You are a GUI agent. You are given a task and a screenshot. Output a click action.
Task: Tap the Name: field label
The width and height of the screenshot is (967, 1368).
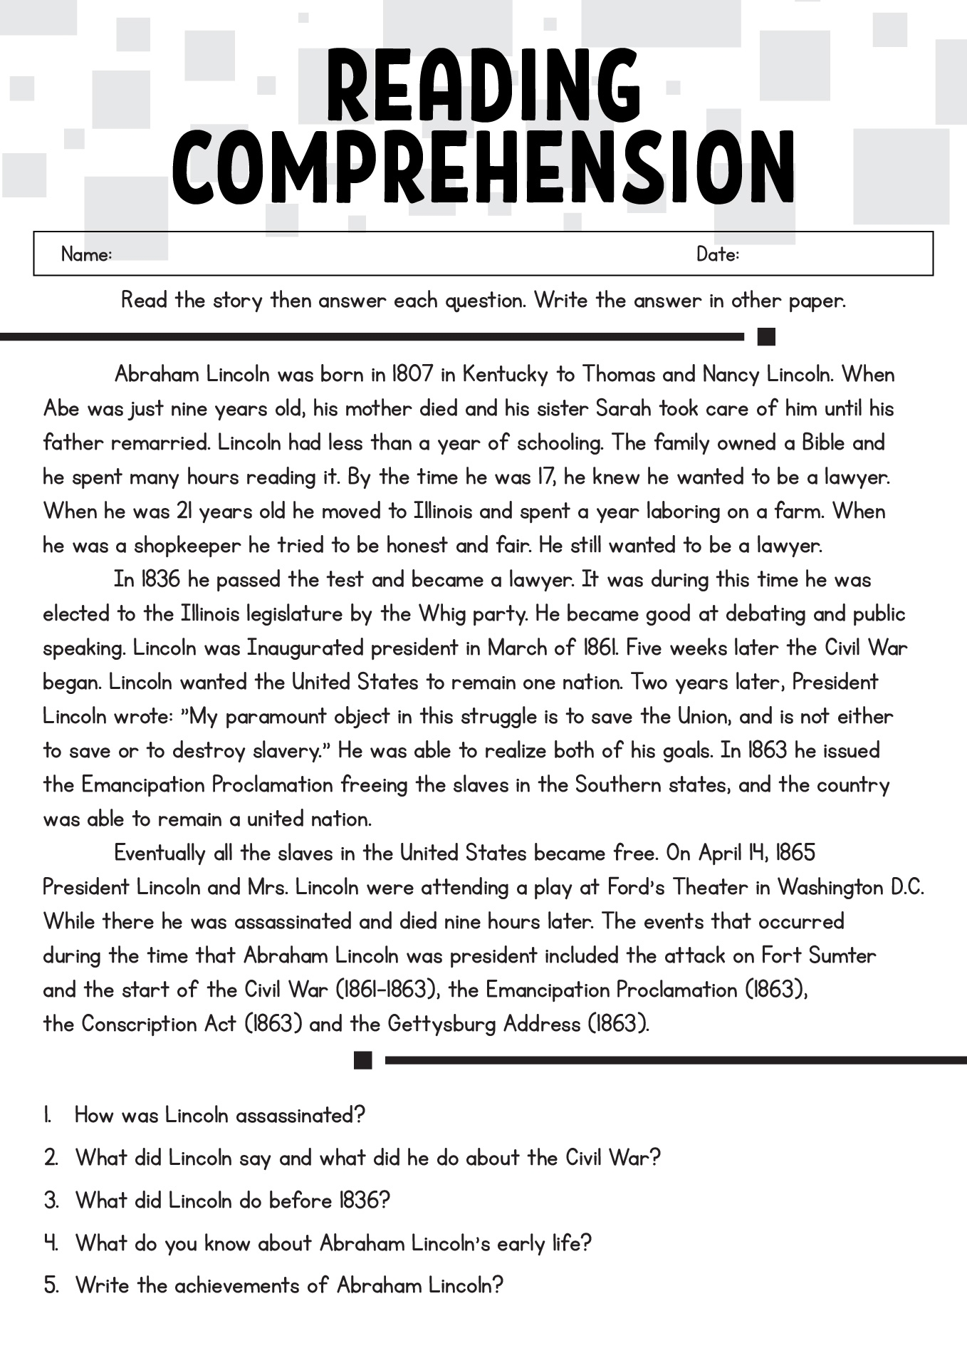tap(86, 254)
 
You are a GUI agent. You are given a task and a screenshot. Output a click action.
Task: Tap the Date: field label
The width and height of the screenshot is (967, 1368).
tap(718, 254)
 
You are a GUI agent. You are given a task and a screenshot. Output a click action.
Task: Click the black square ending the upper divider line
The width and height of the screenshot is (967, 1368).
tap(766, 336)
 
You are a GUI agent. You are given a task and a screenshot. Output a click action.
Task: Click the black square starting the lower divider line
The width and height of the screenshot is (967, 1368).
tap(363, 1060)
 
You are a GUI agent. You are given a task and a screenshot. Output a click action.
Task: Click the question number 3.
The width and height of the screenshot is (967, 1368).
tap(51, 1201)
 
